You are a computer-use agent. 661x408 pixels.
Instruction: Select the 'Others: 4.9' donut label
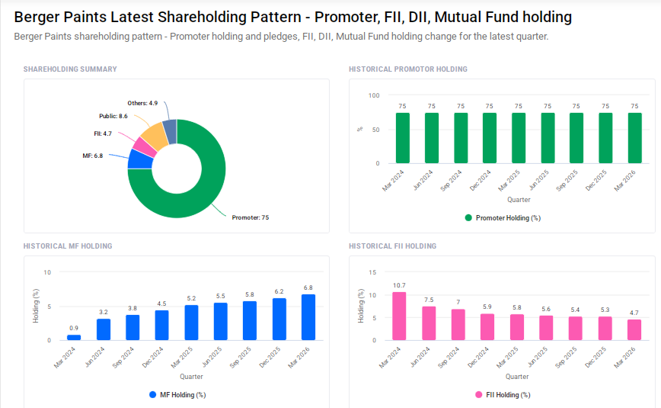tap(142, 103)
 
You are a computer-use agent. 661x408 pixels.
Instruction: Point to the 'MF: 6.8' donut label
tap(92, 156)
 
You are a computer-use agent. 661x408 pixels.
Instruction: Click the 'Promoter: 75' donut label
tap(250, 217)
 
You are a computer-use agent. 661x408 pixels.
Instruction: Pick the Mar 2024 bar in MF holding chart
tap(74, 337)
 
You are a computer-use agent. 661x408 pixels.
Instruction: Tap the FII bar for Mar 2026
tap(634, 329)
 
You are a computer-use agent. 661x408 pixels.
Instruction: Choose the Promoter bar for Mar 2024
tap(402, 138)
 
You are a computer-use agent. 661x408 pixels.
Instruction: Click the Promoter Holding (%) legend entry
tap(502, 218)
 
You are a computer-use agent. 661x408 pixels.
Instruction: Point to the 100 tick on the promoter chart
tap(373, 95)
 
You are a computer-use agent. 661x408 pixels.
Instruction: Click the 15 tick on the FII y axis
tap(372, 272)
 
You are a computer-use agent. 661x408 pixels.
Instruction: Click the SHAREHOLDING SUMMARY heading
tap(70, 69)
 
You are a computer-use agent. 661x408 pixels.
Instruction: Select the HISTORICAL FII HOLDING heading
tap(392, 246)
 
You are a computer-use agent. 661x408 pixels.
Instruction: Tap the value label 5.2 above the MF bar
tap(191, 298)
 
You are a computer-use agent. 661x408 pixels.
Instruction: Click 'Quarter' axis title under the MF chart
tap(191, 377)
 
